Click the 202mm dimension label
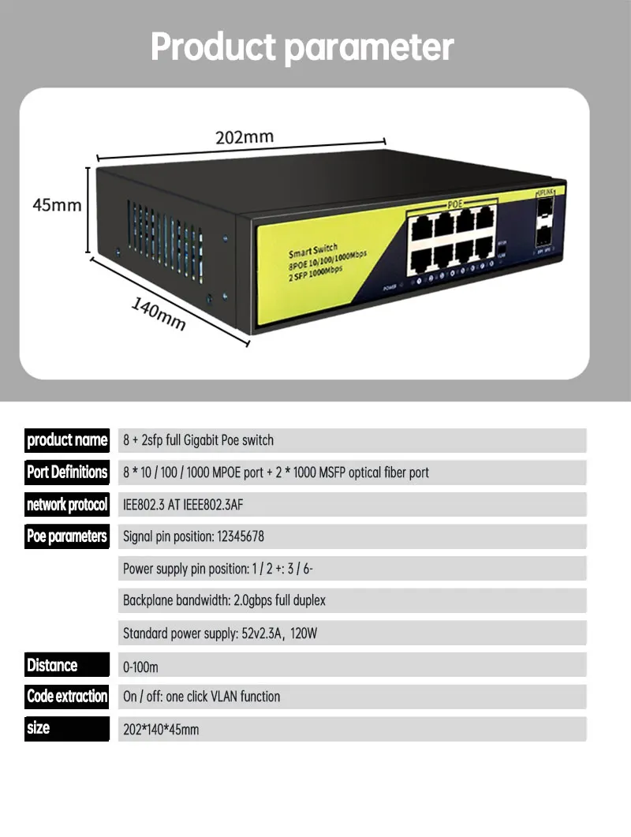(245, 137)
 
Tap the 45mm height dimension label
(57, 205)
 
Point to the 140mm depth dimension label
(158, 315)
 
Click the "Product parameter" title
(302, 47)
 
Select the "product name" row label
(67, 440)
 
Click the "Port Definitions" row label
(67, 473)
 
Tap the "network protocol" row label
(67, 505)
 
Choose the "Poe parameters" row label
(67, 536)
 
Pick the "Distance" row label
(53, 665)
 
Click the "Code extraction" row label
(67, 697)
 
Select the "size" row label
(38, 728)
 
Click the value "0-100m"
(140, 667)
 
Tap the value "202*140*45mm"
(161, 731)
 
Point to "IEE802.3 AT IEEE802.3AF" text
(188, 505)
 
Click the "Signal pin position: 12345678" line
(193, 537)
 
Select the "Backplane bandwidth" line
(224, 601)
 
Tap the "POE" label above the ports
(454, 204)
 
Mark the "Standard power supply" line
(219, 633)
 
